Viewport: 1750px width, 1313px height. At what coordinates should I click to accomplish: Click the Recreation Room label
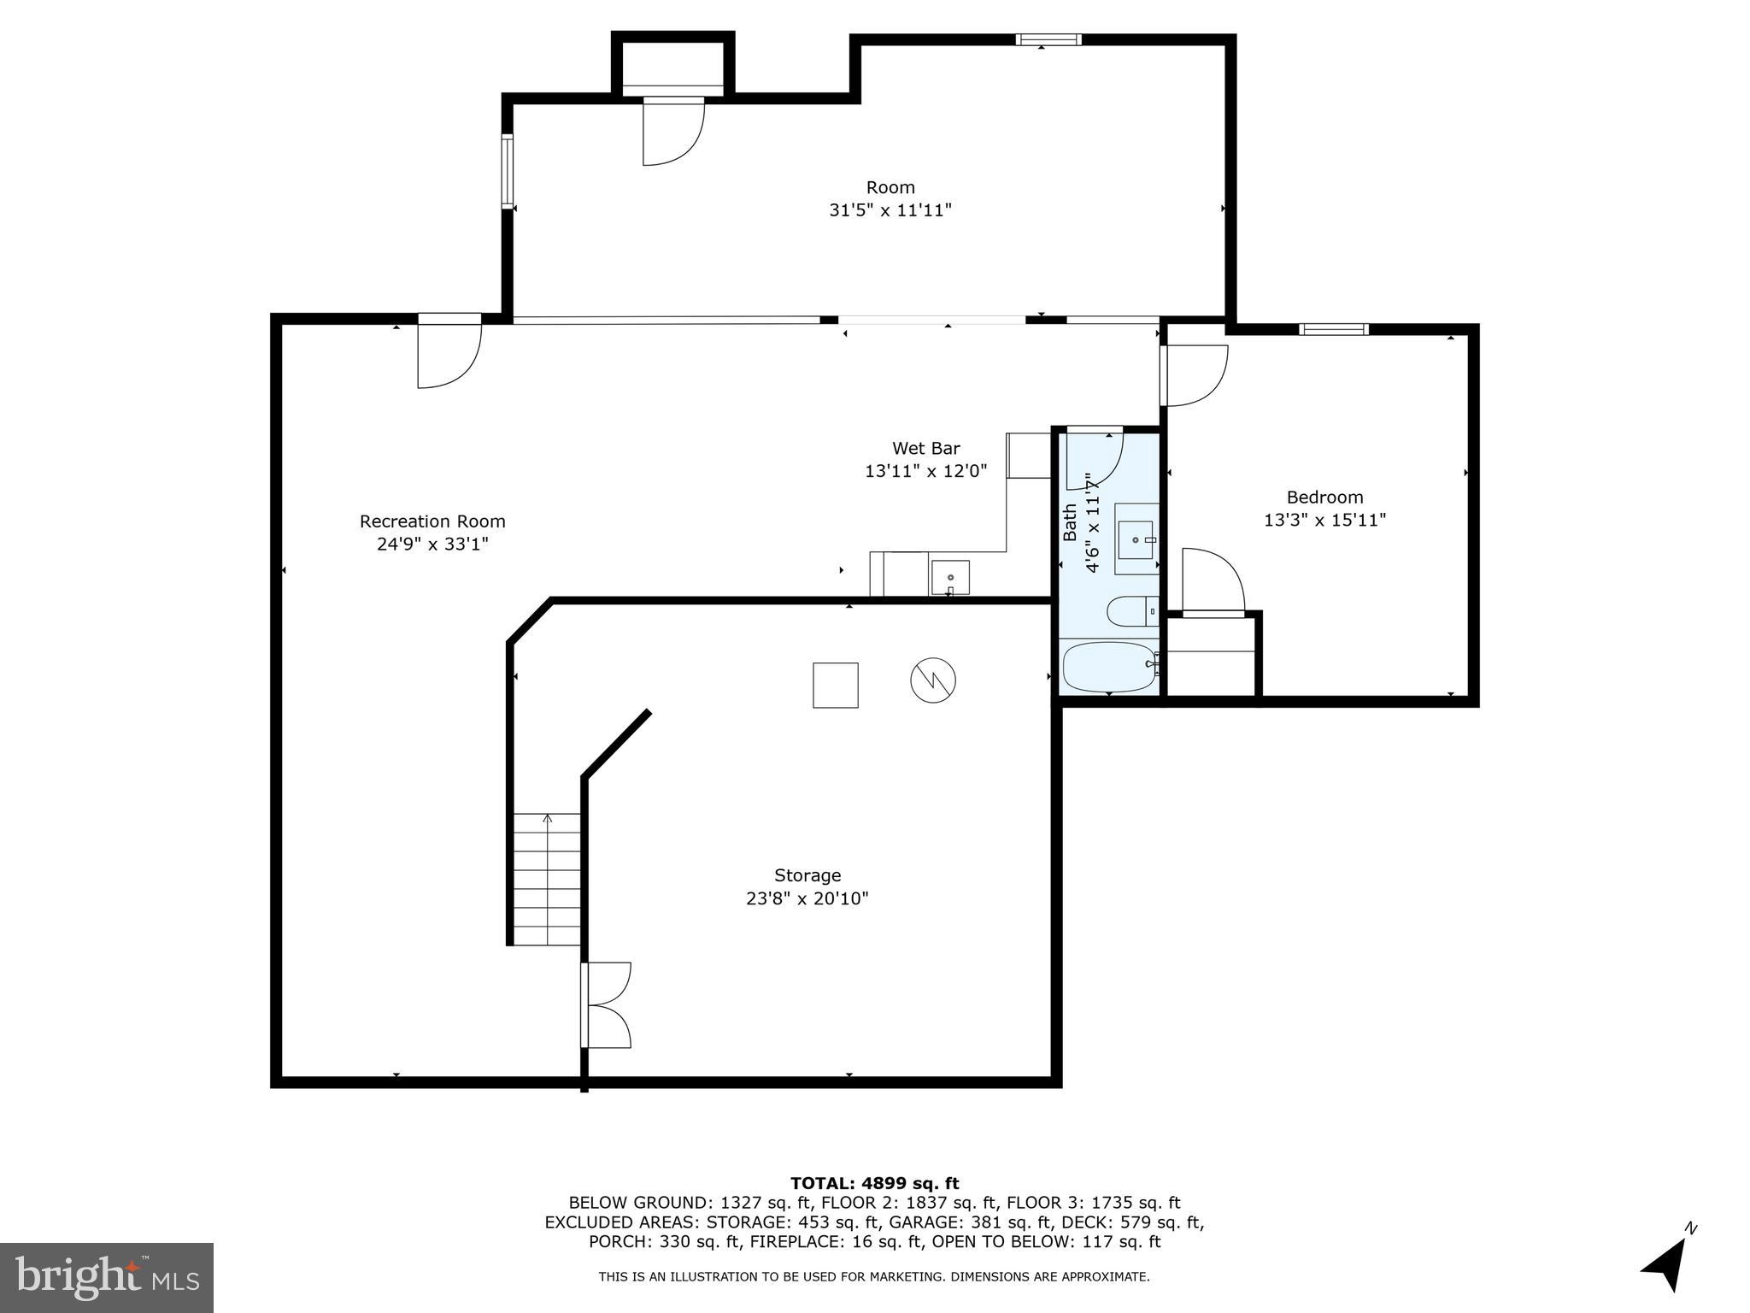point(432,521)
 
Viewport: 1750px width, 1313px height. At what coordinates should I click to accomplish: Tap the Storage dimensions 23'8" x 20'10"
point(807,898)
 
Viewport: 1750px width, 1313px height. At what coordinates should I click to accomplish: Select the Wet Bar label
point(925,448)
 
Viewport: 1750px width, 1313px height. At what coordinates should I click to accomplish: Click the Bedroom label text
point(1324,498)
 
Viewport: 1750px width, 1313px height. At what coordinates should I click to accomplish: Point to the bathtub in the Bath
point(1107,667)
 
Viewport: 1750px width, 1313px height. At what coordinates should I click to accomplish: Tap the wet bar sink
point(950,577)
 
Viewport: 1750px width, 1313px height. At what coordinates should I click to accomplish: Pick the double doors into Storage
point(607,1005)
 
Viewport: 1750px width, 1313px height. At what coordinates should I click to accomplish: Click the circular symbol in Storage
point(932,681)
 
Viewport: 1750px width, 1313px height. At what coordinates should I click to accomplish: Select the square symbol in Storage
point(835,685)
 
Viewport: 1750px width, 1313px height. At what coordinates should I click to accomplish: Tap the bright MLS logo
point(107,1277)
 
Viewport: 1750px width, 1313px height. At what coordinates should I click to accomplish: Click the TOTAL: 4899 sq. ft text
point(874,1184)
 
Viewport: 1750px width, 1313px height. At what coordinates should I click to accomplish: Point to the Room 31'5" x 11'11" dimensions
point(890,210)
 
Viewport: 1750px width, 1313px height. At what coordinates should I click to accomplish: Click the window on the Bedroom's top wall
point(1333,329)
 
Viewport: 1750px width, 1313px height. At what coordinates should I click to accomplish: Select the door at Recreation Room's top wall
point(449,350)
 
